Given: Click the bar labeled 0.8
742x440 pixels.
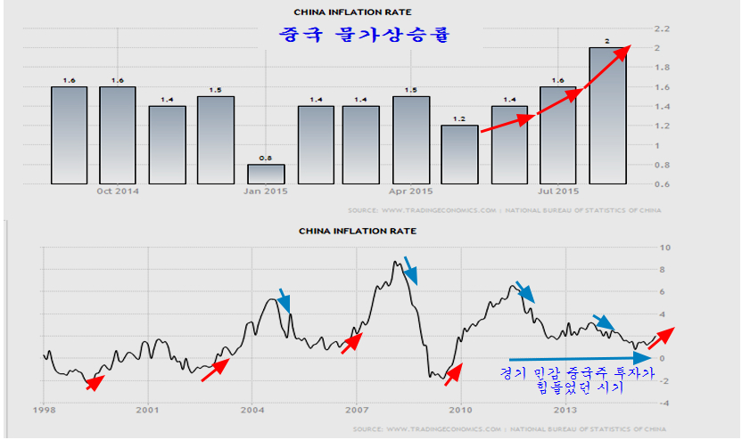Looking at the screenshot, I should [x=266, y=174].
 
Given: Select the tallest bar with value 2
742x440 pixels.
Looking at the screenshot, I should [x=607, y=116].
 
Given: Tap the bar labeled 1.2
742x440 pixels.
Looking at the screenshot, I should [x=460, y=154].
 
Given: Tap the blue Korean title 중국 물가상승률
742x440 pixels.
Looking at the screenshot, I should [x=362, y=37].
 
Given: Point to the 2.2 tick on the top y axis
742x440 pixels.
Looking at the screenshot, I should [x=663, y=28].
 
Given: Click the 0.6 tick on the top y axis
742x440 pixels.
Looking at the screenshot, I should [x=663, y=183].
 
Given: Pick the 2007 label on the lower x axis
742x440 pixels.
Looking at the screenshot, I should [x=357, y=411].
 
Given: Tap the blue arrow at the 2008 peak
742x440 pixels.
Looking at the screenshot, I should [x=409, y=269].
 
